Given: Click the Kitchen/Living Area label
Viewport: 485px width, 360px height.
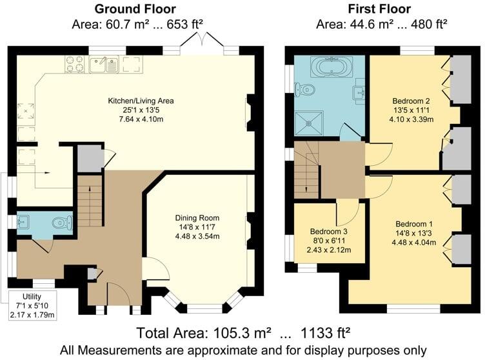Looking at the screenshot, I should [141, 101].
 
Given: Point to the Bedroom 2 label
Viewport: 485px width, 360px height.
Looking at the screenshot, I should [412, 101].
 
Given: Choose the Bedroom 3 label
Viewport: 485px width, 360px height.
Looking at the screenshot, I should [329, 232].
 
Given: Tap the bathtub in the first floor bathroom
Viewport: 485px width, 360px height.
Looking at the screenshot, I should [331, 66].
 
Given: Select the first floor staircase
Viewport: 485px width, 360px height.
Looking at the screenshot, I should [307, 170].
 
